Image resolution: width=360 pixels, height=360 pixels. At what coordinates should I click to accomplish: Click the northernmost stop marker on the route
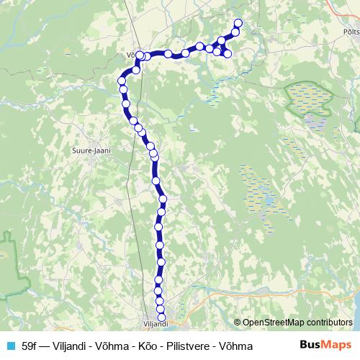tap(238, 24)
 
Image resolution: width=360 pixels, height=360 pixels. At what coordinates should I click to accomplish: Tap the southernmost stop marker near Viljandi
tap(161, 317)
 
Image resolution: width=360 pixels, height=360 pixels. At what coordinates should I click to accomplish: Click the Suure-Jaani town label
tap(89, 150)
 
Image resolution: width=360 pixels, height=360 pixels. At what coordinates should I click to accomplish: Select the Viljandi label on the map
tap(156, 325)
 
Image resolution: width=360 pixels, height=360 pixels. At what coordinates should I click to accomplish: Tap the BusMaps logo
tap(326, 346)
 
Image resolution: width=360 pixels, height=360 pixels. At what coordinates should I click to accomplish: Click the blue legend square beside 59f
tap(10, 346)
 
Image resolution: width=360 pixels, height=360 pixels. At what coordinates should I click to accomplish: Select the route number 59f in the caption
tap(30, 346)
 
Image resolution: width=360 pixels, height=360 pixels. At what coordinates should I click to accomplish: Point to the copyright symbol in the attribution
tap(237, 323)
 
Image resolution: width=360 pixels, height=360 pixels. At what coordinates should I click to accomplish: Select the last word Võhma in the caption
tap(238, 346)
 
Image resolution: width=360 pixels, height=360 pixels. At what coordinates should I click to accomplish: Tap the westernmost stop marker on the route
tap(121, 81)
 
